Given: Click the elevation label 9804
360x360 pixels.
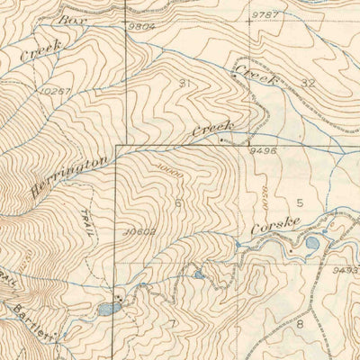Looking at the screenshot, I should [141, 26].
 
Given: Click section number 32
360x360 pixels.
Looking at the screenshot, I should [308, 83].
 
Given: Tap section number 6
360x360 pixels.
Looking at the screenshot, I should [178, 204].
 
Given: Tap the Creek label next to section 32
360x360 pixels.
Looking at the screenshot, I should [255, 68].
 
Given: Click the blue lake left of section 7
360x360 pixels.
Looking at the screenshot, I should [110, 309].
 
